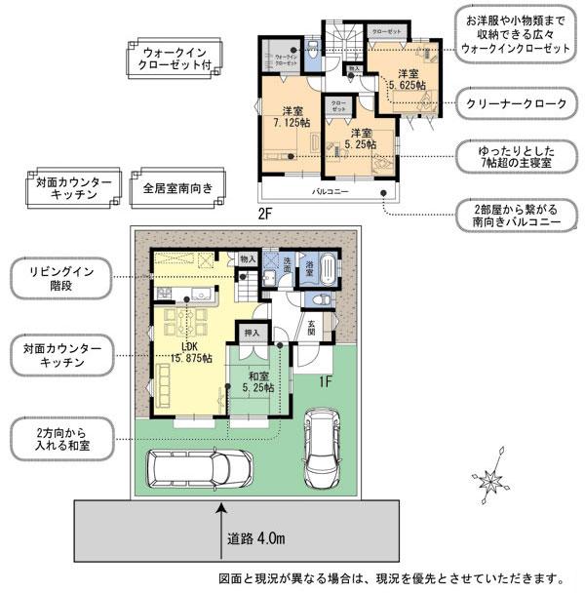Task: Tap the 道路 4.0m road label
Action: [256, 538]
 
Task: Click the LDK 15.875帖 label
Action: [188, 352]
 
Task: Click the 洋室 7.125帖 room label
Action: [290, 117]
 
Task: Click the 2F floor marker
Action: [265, 212]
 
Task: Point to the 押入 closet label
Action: [251, 332]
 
